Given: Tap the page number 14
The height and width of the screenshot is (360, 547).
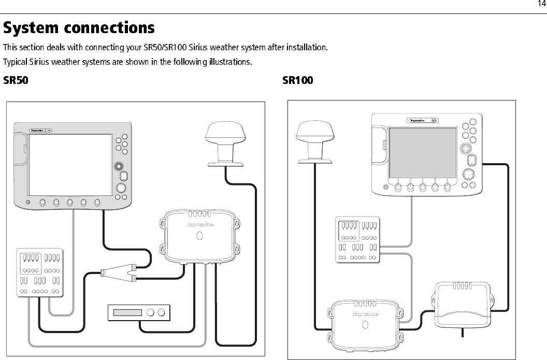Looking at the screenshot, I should (x=541, y=4).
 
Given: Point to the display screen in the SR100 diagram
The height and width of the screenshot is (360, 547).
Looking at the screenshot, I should (x=422, y=152).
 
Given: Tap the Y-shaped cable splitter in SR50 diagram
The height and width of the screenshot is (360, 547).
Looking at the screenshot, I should (x=119, y=272).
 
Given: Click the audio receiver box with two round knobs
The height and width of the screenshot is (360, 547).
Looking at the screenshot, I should (x=139, y=312).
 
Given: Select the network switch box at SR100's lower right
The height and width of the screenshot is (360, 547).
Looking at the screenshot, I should (x=461, y=306).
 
